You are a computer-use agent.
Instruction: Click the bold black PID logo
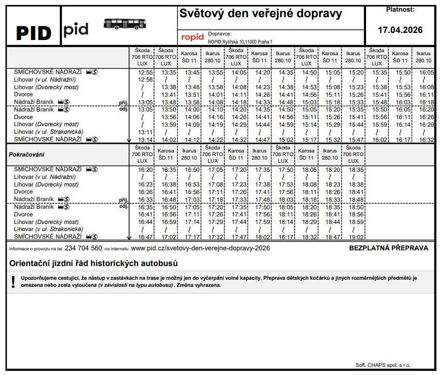click(x=33, y=33)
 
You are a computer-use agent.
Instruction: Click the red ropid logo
click(x=192, y=37)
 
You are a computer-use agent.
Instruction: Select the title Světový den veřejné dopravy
click(x=261, y=14)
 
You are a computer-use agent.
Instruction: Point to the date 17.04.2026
click(x=400, y=30)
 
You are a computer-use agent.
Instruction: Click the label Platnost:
click(x=400, y=9)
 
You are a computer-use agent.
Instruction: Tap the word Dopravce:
click(x=220, y=33)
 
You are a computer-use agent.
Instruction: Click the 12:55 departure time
click(x=145, y=72)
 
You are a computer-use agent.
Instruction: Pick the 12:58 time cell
click(x=145, y=80)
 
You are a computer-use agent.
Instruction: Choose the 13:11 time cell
click(x=145, y=132)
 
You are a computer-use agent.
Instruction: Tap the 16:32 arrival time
click(x=427, y=140)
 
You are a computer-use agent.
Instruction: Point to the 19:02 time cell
click(x=356, y=237)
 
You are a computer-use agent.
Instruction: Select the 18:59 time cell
click(x=356, y=222)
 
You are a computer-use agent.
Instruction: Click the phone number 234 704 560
click(x=84, y=248)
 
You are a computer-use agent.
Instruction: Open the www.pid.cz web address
click(x=200, y=248)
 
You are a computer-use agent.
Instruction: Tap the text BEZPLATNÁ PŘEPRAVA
click(x=388, y=248)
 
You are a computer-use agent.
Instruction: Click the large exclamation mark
click(x=13, y=282)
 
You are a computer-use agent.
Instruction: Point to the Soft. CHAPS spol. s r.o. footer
click(x=383, y=365)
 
